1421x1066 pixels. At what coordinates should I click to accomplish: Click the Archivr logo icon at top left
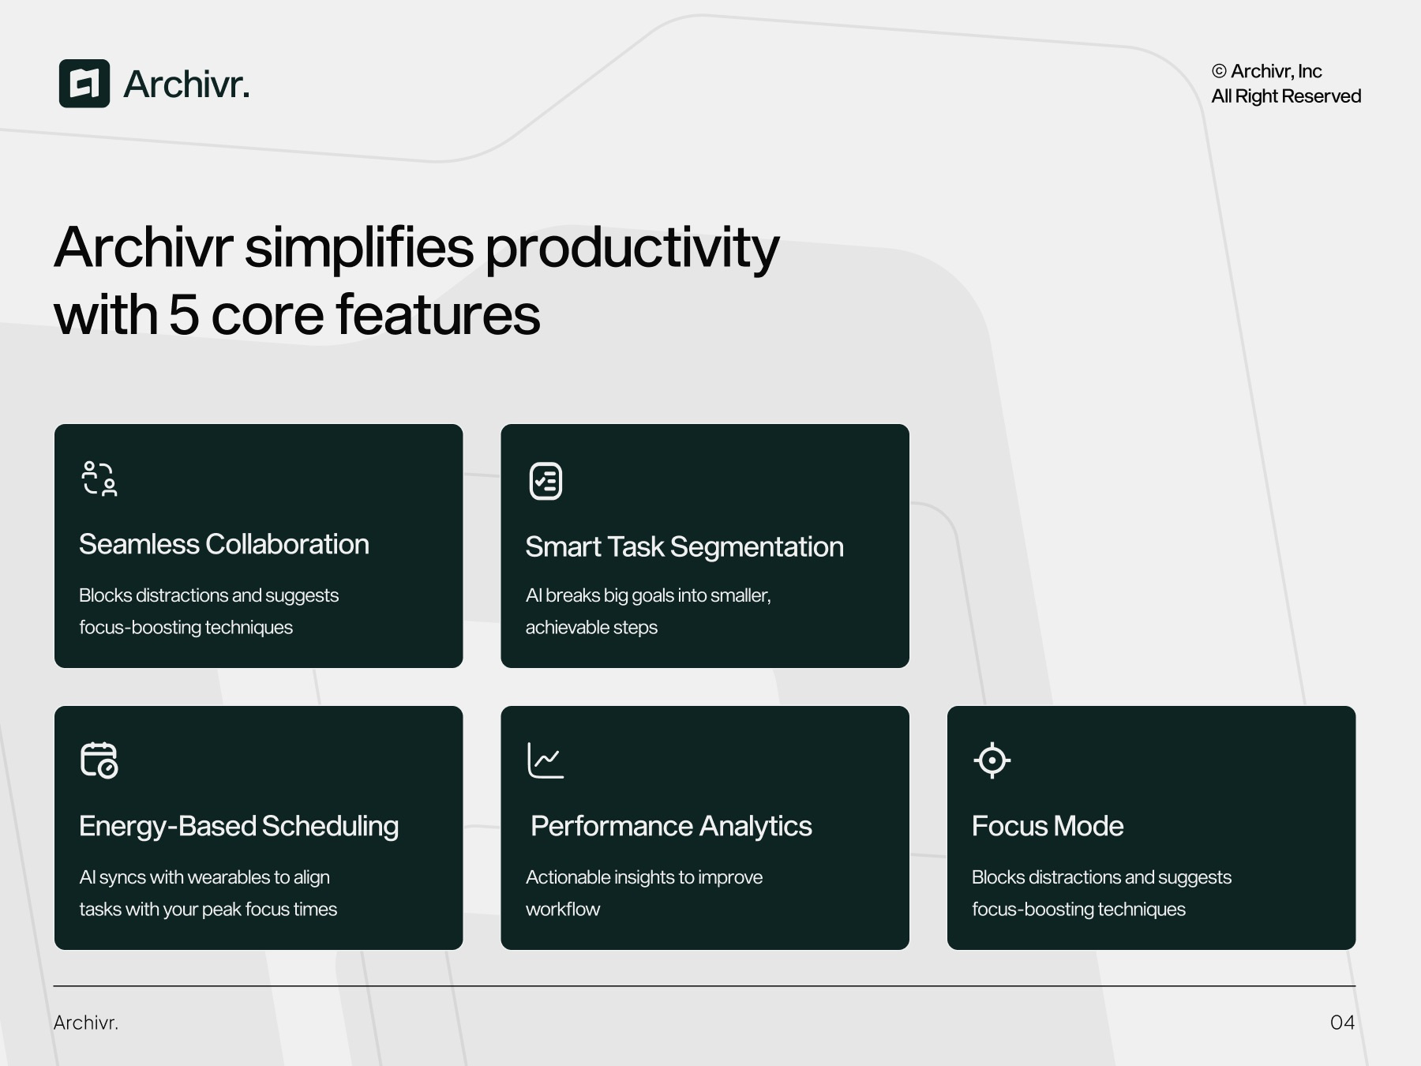tap(84, 84)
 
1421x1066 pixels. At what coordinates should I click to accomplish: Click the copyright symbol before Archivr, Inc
tap(1219, 72)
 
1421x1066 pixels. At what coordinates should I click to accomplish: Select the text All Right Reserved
tap(1286, 96)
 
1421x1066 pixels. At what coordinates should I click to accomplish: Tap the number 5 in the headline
tap(183, 315)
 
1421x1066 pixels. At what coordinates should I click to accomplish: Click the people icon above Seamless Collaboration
tap(99, 479)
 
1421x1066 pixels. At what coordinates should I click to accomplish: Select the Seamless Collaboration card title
tap(224, 545)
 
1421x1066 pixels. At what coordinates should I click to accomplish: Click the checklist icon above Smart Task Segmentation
tap(546, 481)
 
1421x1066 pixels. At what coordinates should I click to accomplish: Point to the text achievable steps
tap(591, 628)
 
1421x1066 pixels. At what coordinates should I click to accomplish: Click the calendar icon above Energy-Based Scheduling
tap(99, 760)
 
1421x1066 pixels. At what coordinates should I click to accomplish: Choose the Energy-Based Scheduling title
tap(238, 827)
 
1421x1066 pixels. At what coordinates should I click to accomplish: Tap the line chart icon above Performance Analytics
tap(546, 760)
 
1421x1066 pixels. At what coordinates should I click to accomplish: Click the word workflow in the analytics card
tap(563, 910)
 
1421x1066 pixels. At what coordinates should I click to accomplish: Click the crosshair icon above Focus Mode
tap(992, 760)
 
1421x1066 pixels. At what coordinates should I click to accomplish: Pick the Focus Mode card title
tap(1048, 827)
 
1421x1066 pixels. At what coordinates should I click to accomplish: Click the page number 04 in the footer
tap(1342, 1023)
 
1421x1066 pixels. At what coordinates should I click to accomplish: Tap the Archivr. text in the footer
tap(86, 1023)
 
